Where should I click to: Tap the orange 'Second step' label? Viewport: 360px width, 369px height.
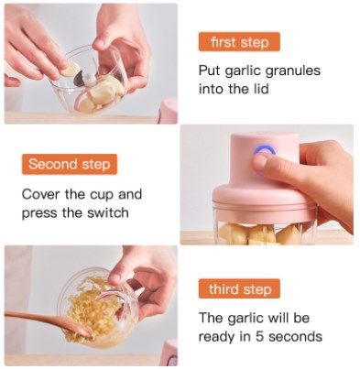click(x=69, y=165)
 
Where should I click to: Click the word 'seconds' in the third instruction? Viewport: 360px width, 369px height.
click(x=300, y=337)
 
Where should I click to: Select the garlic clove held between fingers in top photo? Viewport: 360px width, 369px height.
click(x=70, y=69)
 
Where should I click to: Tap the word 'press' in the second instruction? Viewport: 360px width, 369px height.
click(x=39, y=213)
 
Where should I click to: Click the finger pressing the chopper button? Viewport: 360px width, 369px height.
click(x=275, y=165)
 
